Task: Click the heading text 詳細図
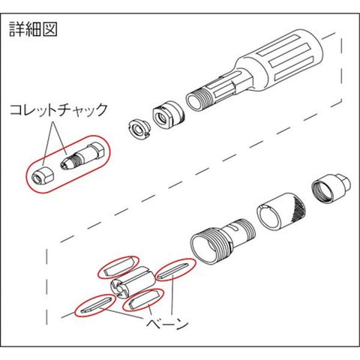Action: point(34,29)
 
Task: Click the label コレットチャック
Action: point(59,110)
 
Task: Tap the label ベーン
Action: point(167,323)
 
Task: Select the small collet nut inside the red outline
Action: point(43,175)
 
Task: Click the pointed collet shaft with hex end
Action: point(82,156)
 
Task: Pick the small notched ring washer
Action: point(138,129)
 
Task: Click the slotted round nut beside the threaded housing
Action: point(168,114)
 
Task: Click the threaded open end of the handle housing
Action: point(197,100)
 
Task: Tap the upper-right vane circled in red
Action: point(175,270)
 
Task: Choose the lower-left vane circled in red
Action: point(96,304)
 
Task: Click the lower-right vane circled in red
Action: point(144,299)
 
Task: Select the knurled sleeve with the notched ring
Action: point(281,211)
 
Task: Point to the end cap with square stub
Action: point(331,187)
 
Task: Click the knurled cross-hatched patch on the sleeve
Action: point(298,207)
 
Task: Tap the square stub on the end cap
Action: point(343,181)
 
